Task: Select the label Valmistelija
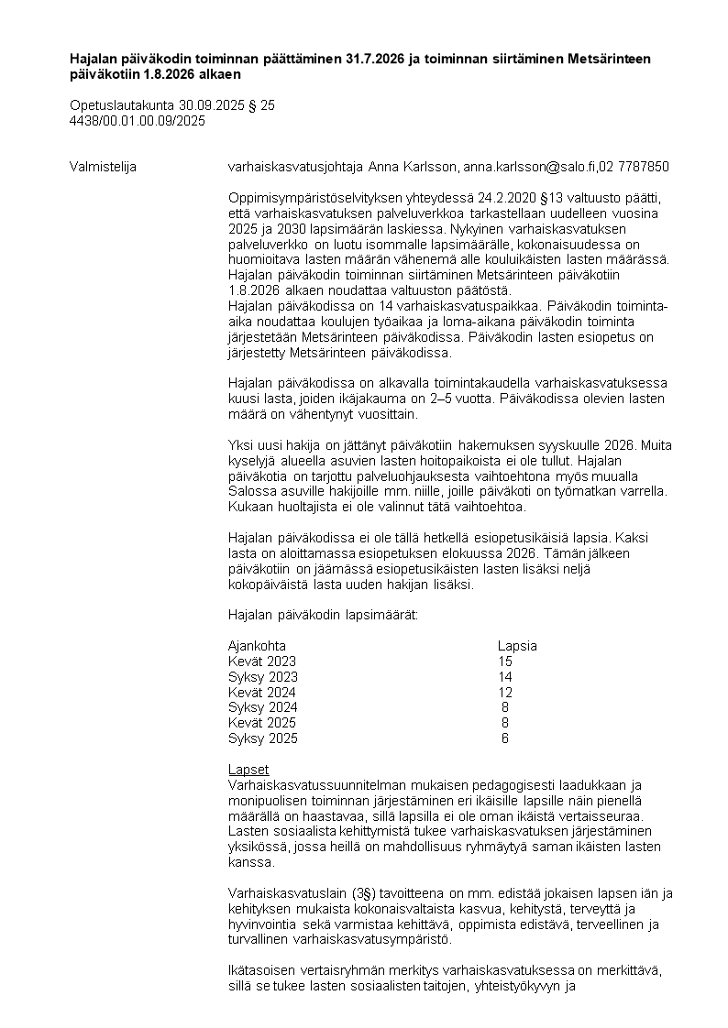[x=104, y=167]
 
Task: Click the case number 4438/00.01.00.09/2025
[x=138, y=120]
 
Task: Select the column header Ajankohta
[x=257, y=646]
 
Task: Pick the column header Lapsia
[x=517, y=646]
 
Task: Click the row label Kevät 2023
[x=262, y=662]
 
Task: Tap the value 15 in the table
[x=505, y=662]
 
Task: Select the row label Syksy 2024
[x=262, y=707]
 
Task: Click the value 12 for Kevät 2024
[x=505, y=692]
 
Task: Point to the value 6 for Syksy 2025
[x=505, y=738]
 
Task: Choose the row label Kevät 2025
[x=262, y=723]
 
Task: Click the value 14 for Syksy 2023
[x=505, y=677]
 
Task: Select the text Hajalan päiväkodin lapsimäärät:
[x=323, y=615]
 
